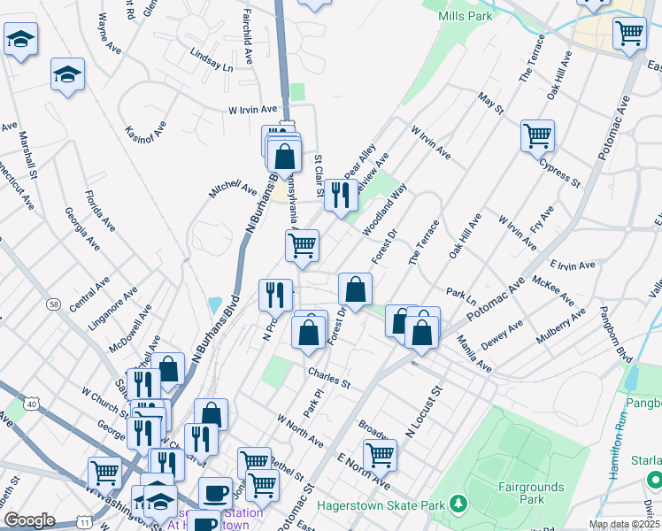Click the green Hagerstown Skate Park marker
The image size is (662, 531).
click(458, 504)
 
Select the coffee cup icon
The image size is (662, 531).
click(215, 492)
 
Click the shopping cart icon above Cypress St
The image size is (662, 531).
click(537, 135)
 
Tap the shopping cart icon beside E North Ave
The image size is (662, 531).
click(380, 455)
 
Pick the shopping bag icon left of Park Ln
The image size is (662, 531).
click(355, 289)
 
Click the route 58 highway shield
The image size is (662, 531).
click(54, 304)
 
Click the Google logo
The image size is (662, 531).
click(29, 520)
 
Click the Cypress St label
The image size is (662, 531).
click(558, 173)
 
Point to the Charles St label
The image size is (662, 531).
click(329, 379)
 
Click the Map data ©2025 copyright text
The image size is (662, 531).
click(625, 524)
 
